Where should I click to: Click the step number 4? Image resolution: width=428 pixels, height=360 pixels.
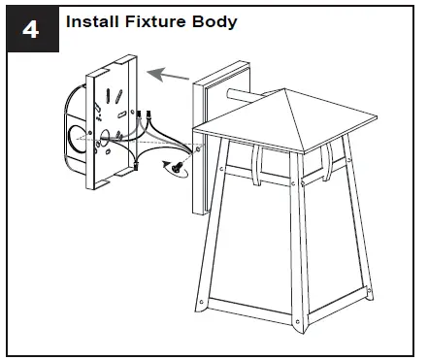point(31,29)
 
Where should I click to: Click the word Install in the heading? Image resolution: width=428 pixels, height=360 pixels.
point(96,20)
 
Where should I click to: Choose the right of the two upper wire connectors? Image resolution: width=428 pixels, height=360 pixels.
point(152,119)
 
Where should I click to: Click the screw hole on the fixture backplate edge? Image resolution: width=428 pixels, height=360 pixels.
point(199,149)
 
